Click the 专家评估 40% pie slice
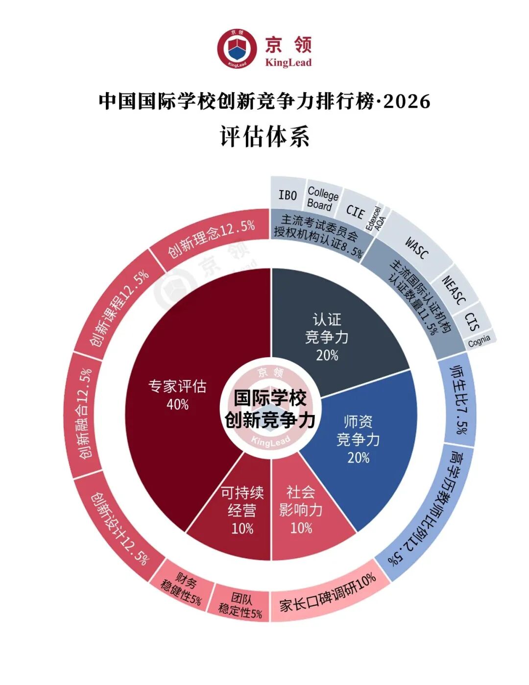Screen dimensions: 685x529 click(x=177, y=395)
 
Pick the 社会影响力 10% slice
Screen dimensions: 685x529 click(x=301, y=510)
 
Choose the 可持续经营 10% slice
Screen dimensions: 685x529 click(x=242, y=510)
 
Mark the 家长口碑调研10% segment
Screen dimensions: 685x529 click(x=327, y=592)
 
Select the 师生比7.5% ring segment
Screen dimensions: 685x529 click(x=458, y=399)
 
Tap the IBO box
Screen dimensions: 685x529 click(x=288, y=195)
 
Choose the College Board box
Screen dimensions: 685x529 click(x=322, y=198)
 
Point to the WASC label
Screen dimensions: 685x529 click(x=417, y=247)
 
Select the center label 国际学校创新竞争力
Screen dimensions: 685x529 click(x=270, y=409)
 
